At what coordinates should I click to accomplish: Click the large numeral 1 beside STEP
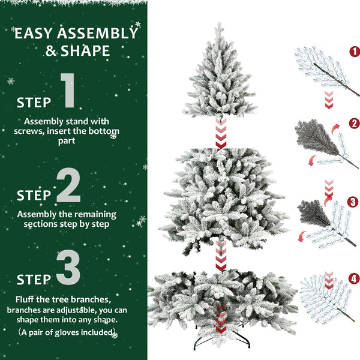tap(68, 92)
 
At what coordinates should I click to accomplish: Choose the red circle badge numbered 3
tap(353, 202)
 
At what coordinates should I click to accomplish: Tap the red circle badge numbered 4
tap(353, 278)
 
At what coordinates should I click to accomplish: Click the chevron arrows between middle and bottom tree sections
tap(221, 254)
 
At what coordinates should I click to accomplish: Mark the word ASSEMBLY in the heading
tap(98, 34)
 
